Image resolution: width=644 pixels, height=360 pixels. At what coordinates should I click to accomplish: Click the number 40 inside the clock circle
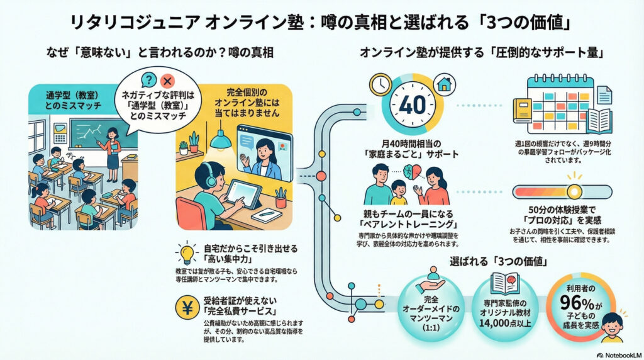[413, 105]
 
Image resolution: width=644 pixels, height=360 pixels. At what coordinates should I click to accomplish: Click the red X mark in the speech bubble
[167, 81]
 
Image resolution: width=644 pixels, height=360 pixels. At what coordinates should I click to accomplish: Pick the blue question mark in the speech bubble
[148, 81]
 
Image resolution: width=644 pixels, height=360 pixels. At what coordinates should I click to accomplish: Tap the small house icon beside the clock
[444, 84]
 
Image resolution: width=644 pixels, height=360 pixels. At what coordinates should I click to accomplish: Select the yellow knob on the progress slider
[574, 191]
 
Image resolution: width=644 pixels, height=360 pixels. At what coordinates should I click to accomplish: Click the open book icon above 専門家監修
[505, 283]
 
